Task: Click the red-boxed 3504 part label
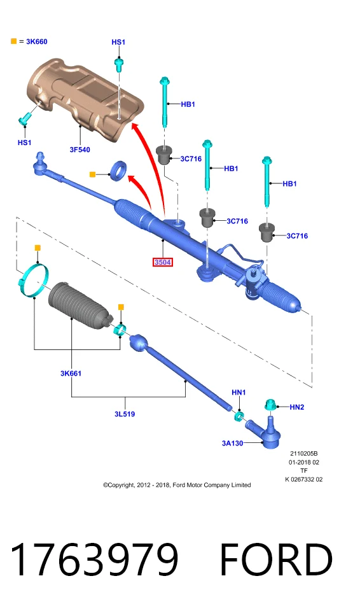[162, 262]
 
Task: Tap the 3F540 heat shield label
[80, 150]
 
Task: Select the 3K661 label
[71, 374]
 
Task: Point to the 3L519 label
[125, 414]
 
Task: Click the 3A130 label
[233, 443]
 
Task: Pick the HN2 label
[297, 407]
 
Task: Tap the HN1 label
[239, 393]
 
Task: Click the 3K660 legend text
[37, 42]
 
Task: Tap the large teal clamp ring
[34, 281]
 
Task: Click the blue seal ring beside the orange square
[119, 171]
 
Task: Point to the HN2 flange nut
[270, 405]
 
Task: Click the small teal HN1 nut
[239, 416]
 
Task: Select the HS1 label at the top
[118, 42]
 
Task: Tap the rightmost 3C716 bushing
[267, 233]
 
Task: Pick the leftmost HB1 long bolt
[164, 102]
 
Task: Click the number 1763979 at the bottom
[94, 559]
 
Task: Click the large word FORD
[276, 559]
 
